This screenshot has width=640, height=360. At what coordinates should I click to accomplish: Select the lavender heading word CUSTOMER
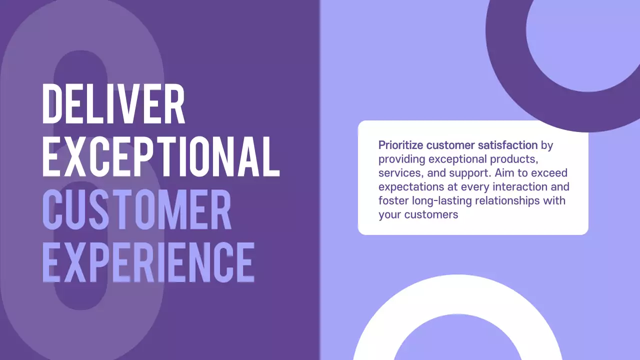point(136,209)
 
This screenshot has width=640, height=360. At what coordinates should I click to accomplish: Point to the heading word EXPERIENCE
point(148,261)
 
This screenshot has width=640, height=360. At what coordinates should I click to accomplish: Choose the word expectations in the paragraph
point(409,187)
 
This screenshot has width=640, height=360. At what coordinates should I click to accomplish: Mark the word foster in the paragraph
point(392,201)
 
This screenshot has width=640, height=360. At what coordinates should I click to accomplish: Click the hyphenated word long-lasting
point(440,201)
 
